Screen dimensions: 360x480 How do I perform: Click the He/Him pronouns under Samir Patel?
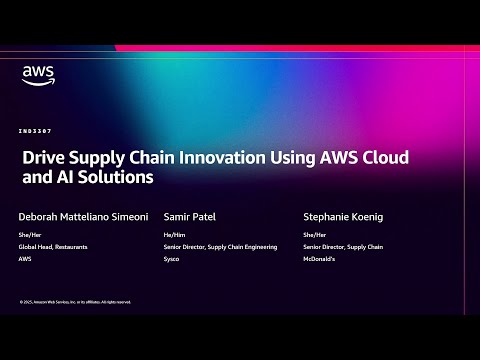coord(172,236)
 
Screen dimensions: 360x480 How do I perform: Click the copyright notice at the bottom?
coord(75,301)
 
